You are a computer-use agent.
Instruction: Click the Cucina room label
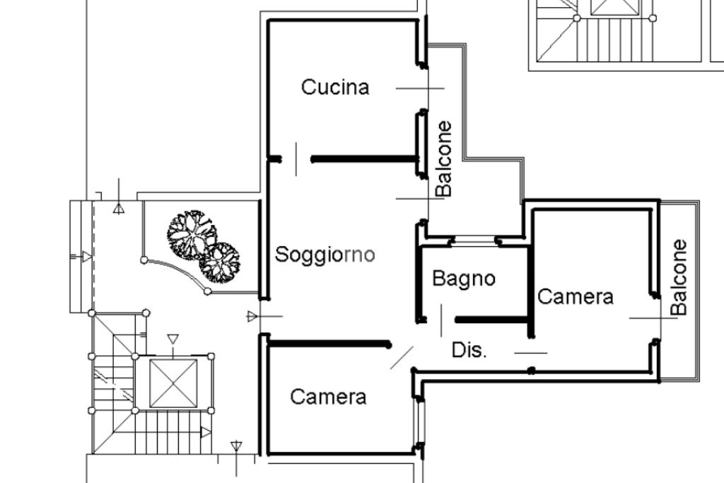click(335, 88)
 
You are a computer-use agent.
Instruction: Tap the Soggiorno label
click(325, 255)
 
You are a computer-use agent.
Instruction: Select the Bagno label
click(464, 279)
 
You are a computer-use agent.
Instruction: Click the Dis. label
click(469, 350)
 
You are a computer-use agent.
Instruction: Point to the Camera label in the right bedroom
click(576, 297)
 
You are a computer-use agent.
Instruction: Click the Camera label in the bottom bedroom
click(328, 397)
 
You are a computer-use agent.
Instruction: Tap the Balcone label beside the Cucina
click(443, 159)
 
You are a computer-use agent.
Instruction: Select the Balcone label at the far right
click(679, 277)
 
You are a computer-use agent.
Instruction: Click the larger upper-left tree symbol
click(189, 233)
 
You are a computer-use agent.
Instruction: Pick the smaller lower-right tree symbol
click(220, 263)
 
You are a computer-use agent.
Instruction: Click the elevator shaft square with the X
click(173, 383)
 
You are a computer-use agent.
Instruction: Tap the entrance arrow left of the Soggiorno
click(253, 316)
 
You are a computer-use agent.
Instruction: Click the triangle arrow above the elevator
click(173, 340)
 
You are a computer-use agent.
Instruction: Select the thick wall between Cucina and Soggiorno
click(364, 159)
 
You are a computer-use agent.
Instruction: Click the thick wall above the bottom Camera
click(329, 344)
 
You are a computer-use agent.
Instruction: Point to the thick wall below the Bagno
click(493, 320)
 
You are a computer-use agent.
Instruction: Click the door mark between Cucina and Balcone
click(420, 88)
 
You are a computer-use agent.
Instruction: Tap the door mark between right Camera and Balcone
click(653, 318)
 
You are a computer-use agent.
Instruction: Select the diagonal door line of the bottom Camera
click(402, 358)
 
